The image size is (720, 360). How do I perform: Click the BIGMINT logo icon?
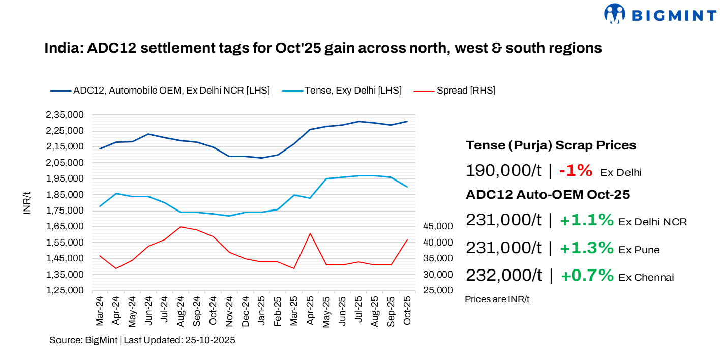click(614, 14)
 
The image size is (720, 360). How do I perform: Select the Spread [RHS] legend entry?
click(465, 91)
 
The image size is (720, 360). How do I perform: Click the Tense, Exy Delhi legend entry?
click(353, 91)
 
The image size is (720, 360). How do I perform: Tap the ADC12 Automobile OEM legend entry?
click(171, 91)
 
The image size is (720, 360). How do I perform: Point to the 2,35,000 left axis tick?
click(65, 115)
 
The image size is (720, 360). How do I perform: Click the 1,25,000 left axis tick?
click(65, 290)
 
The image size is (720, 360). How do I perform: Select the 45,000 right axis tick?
click(438, 226)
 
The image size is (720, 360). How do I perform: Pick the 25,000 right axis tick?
click(438, 290)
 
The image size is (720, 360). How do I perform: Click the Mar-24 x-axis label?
click(100, 311)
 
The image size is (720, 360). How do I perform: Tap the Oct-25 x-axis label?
click(407, 311)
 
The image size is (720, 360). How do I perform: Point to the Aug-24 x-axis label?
click(181, 311)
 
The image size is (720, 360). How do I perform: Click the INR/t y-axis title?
click(27, 203)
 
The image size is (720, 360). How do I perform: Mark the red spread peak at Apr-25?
click(310, 233)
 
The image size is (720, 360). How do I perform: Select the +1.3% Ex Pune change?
click(587, 248)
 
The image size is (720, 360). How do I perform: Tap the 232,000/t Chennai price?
click(504, 276)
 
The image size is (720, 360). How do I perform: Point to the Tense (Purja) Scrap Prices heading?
click(551, 145)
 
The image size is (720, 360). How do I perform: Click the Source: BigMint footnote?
click(142, 340)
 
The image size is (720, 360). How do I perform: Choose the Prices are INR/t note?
click(497, 299)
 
